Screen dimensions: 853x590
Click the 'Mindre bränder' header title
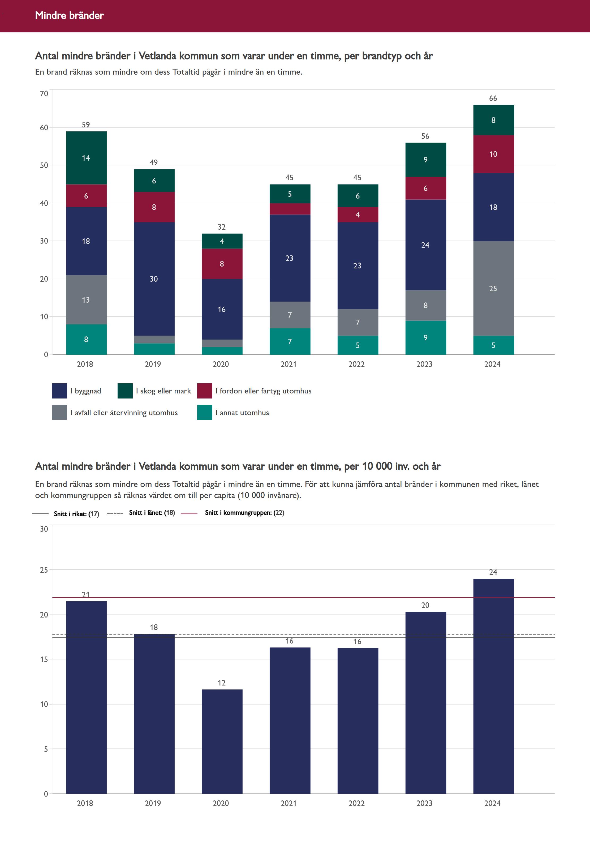coord(70,15)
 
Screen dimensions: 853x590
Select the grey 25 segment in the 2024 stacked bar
coord(493,288)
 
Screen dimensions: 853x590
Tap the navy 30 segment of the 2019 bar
coord(154,279)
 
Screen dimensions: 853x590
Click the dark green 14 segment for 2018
coord(86,158)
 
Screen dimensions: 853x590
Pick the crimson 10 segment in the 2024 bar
coord(493,154)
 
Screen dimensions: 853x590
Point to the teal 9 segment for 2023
coord(425,338)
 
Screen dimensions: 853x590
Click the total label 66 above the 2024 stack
coord(493,98)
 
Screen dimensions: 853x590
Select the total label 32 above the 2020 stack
coord(221,227)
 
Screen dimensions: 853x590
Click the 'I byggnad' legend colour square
coord(59,391)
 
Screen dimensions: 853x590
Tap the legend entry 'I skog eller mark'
coord(163,391)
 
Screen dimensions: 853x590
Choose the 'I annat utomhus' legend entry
coord(242,413)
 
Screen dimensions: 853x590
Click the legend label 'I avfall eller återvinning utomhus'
coord(124,413)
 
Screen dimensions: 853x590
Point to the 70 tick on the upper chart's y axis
coord(44,93)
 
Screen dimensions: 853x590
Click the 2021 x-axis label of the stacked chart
coord(289,364)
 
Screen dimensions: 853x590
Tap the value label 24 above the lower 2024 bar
coord(493,572)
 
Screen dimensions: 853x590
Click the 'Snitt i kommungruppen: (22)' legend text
coord(244,512)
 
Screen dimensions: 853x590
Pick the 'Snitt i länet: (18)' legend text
coord(152,512)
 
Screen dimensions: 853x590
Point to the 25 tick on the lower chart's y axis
coord(44,570)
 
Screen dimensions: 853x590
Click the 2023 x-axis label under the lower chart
coord(424,803)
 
